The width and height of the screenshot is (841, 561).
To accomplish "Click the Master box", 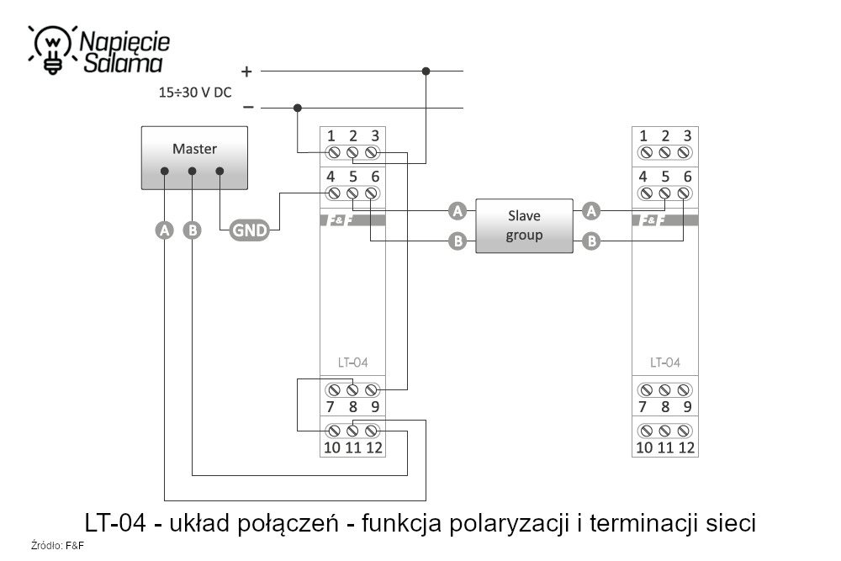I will click(194, 156).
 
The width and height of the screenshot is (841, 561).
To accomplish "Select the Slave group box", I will click(524, 225).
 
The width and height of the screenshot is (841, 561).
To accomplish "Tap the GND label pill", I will click(249, 230).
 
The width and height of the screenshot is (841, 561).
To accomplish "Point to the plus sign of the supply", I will click(246, 71).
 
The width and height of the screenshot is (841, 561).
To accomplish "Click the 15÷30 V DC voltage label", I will click(195, 93).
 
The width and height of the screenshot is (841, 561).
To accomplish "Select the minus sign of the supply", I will click(247, 108).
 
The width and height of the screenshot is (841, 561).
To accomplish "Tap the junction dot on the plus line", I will click(426, 71).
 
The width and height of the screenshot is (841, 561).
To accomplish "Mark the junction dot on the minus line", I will click(297, 108).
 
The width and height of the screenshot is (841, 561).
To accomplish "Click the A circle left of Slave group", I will click(458, 209).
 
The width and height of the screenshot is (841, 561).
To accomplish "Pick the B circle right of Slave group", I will click(591, 241).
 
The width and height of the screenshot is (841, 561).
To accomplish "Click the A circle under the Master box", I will click(165, 230).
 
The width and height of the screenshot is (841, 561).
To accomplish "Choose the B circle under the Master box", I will click(193, 230).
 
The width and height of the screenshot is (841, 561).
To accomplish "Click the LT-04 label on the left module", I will click(352, 363).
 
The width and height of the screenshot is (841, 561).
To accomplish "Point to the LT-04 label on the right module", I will click(664, 363).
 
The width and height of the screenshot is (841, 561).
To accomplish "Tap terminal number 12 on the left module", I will click(374, 447).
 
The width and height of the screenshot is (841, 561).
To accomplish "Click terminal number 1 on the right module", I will click(644, 135).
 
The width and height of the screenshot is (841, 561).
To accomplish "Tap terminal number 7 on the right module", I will click(643, 407).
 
